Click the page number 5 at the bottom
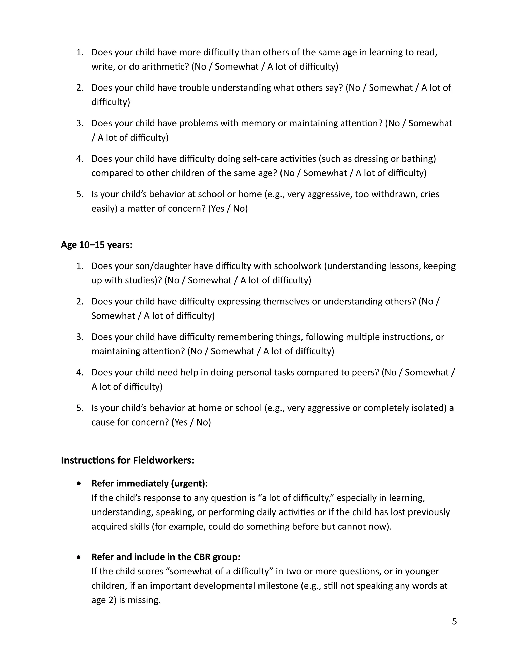pyautogui.click(x=454, y=621)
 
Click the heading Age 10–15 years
pyautogui.click(x=96, y=245)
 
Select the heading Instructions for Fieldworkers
pyautogui.click(x=128, y=460)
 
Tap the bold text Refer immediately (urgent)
pyautogui.click(x=149, y=483)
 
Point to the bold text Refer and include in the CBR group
pyautogui.click(x=166, y=557)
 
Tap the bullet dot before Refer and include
pyautogui.click(x=79, y=557)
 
